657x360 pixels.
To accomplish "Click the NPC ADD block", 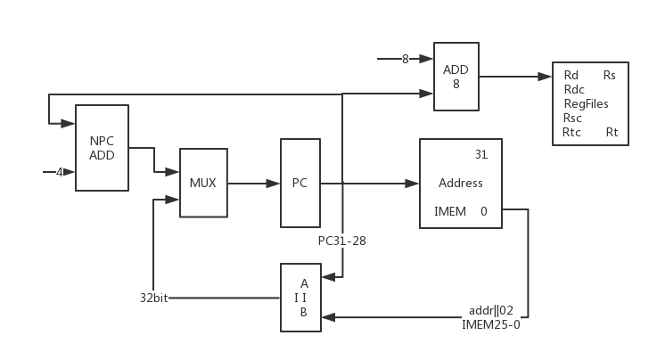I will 102,148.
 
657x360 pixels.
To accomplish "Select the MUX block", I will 203,183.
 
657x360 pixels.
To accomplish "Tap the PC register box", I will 300,183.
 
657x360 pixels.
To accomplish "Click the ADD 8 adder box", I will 456,77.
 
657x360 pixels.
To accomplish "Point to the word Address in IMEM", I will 461,184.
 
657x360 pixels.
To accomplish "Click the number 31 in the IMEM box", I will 481,154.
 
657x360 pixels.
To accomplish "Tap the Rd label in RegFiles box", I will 571,76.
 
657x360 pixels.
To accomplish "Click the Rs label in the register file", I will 610,76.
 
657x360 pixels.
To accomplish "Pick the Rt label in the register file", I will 612,133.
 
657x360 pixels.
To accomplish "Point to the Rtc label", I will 571,133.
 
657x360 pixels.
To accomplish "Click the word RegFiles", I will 585,104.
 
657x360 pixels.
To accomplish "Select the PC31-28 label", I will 342,241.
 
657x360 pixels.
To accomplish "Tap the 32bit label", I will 154,298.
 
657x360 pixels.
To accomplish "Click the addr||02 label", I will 489,310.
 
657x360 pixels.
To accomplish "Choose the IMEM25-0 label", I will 491,325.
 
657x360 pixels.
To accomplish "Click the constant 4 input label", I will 60,172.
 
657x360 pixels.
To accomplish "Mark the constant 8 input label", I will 405,60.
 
